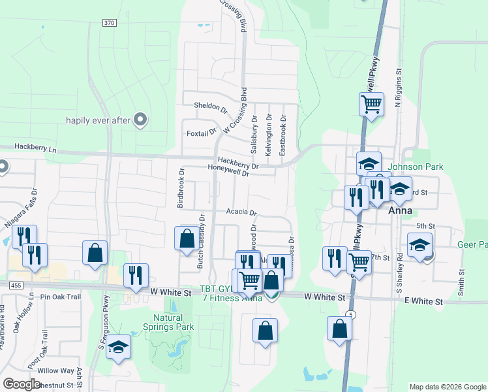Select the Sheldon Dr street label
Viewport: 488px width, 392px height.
pos(210,105)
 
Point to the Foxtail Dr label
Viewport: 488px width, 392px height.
pos(201,131)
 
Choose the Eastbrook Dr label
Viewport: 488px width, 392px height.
pos(282,135)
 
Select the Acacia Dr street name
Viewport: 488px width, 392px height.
pos(242,213)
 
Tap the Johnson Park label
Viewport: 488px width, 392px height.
pos(416,167)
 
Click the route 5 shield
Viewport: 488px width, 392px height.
pos(352,314)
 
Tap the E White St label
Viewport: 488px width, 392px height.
pos(424,301)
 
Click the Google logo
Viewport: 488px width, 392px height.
pos(22,384)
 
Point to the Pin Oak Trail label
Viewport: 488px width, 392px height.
pos(60,297)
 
